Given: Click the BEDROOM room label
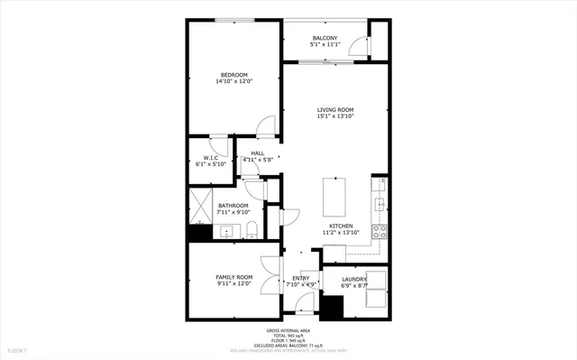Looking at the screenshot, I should pos(234,74).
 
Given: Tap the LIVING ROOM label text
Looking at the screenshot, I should pos(334,109).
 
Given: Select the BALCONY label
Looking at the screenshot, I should pos(325,37).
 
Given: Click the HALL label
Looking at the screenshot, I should pos(257,153).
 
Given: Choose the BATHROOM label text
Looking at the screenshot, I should pos(233,206).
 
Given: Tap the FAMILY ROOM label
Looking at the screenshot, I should pos(233,277).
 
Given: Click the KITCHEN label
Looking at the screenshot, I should pos(341,226).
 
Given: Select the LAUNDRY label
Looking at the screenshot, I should pos(353,280).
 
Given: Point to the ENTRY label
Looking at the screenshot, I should pos(300,278).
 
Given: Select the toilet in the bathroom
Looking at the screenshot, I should pos(252,228).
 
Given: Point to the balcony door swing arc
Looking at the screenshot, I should pos(362,45).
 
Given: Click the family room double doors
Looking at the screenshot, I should pos(269,275).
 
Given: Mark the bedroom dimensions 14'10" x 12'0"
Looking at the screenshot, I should pos(234,81).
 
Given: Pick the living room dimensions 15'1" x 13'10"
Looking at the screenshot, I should pos(334,116).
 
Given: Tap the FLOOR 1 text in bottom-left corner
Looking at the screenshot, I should pos(18,349).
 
